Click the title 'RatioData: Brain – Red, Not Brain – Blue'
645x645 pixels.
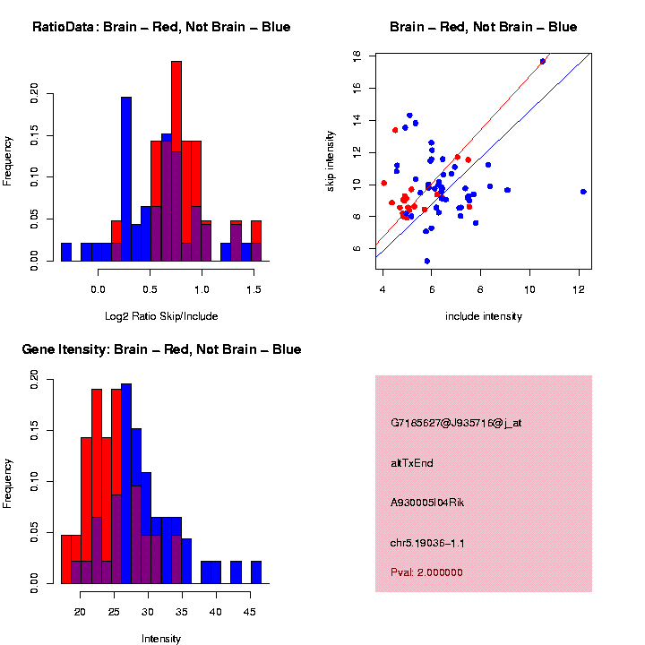click(161, 28)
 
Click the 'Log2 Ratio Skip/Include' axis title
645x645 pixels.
click(161, 316)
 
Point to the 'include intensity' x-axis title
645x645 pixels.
click(484, 316)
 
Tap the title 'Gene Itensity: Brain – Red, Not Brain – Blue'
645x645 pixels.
click(161, 349)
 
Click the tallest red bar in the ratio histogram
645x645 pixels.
click(176, 161)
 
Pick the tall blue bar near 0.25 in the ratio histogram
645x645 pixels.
click(126, 179)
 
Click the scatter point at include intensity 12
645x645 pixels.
click(583, 192)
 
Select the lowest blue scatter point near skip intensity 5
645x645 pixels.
click(426, 261)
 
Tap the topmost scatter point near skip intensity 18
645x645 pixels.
click(543, 61)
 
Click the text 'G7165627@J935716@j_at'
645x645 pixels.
click(455, 423)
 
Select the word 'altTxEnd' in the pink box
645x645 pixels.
click(412, 463)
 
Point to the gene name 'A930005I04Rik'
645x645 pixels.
click(427, 503)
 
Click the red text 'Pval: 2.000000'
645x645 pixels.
click(426, 572)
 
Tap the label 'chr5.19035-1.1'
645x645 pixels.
click(427, 543)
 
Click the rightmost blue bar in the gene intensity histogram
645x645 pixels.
click(256, 572)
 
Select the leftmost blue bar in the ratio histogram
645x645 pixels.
click(66, 252)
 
